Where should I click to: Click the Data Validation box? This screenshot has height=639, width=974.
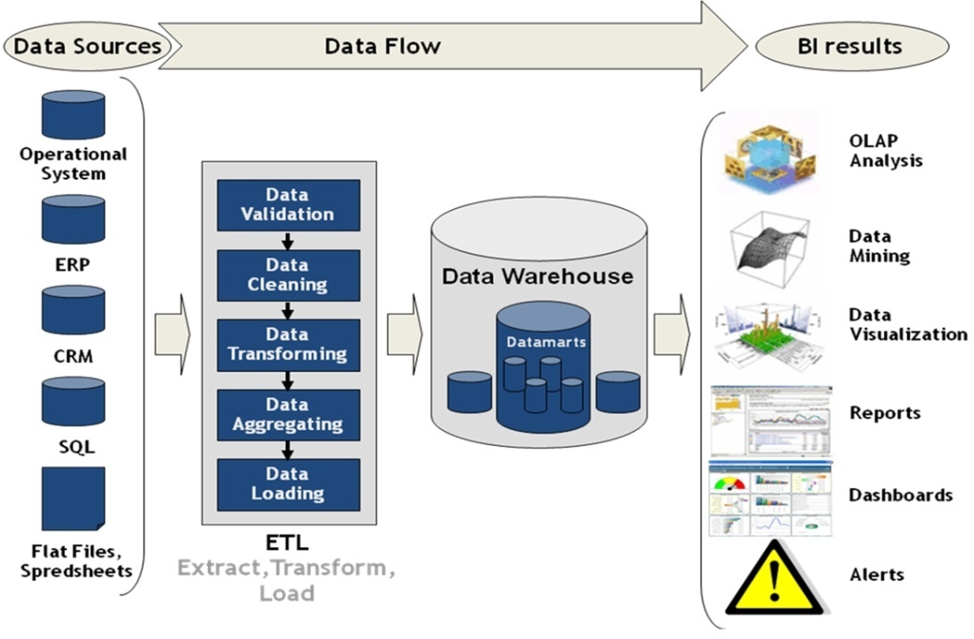(288, 205)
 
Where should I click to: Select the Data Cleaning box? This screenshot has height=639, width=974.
(288, 275)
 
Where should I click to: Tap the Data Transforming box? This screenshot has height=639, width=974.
(288, 345)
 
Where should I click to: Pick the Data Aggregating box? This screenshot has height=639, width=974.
(288, 415)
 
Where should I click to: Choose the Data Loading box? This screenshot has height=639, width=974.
(288, 484)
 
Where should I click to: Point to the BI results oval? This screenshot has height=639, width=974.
(851, 46)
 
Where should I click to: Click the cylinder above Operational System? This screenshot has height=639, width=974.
(73, 115)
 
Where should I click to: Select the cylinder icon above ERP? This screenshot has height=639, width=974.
(73, 219)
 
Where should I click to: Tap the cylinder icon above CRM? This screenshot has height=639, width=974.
(73, 310)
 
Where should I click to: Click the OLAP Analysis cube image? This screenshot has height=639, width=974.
(770, 156)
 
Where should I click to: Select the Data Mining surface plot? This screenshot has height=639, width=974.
(770, 244)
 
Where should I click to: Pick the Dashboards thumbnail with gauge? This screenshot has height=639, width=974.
(770, 500)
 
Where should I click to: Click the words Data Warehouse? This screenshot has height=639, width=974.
(537, 276)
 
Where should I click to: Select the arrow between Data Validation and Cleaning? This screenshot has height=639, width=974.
(287, 240)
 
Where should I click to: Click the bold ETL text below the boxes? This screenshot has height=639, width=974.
(287, 542)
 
